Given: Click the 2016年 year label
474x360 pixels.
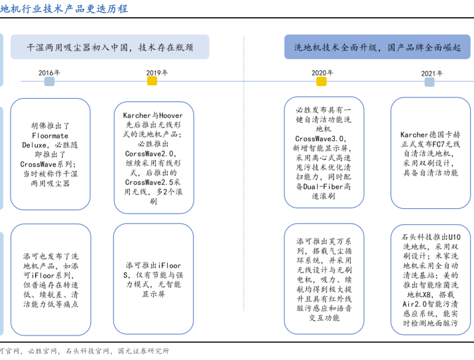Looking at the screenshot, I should pos(49,72).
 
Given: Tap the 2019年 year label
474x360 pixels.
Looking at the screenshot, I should pos(156,72).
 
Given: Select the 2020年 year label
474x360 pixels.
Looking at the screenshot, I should pos(322,72).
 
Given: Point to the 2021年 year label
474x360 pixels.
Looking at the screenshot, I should pos(432,73).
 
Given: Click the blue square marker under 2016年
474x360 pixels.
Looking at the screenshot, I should pos(49,82).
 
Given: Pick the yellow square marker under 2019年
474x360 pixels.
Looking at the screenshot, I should pos(152,82).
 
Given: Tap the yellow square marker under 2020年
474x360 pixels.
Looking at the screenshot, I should pos(322,82).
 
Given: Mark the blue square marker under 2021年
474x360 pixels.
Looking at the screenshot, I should pos(429,82).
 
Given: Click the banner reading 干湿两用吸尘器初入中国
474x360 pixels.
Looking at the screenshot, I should pos(110,47).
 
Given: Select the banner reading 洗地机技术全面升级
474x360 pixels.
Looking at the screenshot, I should pos(377,47).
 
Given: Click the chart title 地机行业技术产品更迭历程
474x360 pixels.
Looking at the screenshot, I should pos(64,9).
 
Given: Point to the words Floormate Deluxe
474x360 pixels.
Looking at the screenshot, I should pos(50,140).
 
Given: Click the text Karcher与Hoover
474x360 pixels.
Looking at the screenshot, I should pos(153,115).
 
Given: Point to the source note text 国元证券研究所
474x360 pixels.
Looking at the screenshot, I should pos(144,351).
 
